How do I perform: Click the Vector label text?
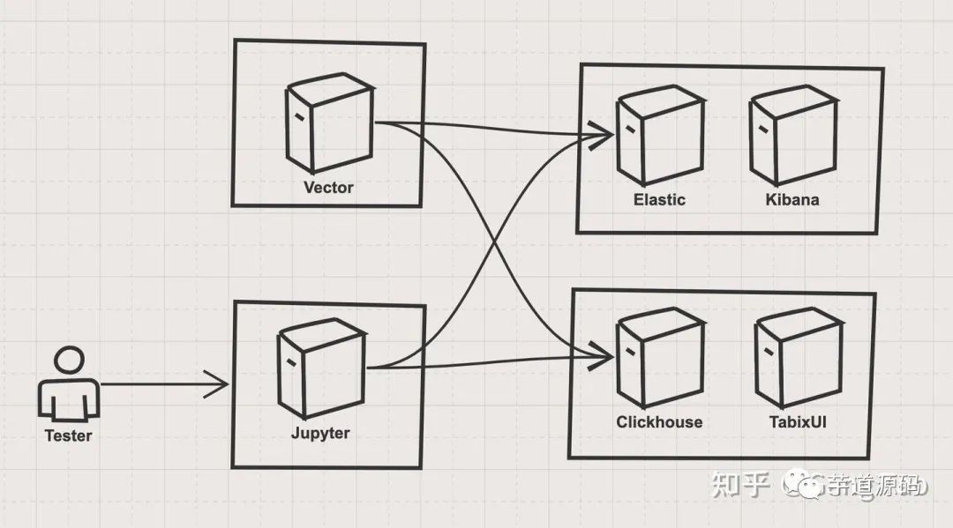pyautogui.click(x=328, y=187)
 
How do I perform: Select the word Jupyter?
pyautogui.click(x=320, y=433)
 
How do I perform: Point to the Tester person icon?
pyautogui.click(x=68, y=388)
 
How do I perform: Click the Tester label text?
pyautogui.click(x=68, y=435)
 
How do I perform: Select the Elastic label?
pyautogui.click(x=659, y=199)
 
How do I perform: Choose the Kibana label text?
pyautogui.click(x=792, y=199)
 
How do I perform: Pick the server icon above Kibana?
pyautogui.click(x=792, y=135)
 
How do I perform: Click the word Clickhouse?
pyautogui.click(x=659, y=421)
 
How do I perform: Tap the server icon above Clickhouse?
pyautogui.click(x=659, y=360)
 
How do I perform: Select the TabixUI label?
pyautogui.click(x=798, y=421)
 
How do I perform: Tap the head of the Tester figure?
pyautogui.click(x=68, y=361)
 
